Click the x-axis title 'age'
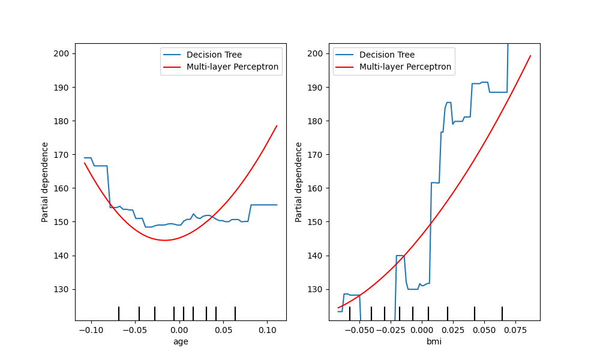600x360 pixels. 180,341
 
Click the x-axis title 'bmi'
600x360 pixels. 434,341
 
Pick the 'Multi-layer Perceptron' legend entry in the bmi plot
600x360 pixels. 405,67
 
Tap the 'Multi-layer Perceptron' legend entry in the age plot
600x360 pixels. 232,67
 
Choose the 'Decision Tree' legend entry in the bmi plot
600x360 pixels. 387,55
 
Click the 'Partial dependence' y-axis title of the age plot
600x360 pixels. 45,182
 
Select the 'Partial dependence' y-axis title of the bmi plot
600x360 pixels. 299,182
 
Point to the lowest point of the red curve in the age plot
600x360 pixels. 164,240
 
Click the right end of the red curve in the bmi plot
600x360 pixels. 530,56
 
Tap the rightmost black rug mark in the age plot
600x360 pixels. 235,313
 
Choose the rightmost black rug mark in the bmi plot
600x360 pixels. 502,313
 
